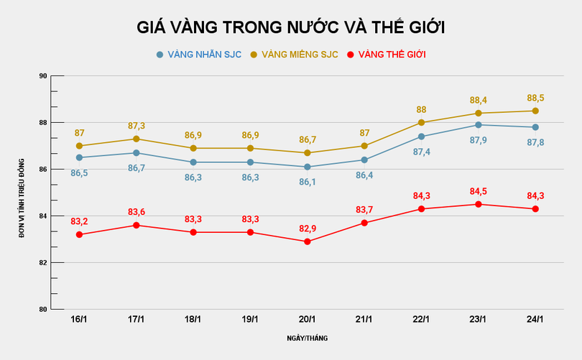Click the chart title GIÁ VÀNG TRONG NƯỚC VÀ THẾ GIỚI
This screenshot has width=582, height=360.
tap(291, 27)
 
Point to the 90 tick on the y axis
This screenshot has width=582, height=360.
tap(42, 76)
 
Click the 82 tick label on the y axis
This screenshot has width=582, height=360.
tap(42, 263)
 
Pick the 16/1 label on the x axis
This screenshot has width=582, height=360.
tap(79, 320)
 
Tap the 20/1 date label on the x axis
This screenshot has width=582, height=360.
tap(307, 320)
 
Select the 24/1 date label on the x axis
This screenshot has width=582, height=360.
tap(535, 320)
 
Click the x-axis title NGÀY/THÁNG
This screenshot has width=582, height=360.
tap(307, 338)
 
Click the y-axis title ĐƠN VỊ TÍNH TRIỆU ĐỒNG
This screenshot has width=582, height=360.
tap(22, 193)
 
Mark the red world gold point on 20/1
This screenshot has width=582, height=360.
tap(307, 241)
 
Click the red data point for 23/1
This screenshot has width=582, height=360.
tap(478, 204)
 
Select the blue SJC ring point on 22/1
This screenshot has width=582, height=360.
tap(421, 137)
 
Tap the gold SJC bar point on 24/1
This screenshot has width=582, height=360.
tap(535, 111)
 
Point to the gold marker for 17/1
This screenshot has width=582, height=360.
tap(136, 139)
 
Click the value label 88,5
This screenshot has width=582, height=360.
tap(535, 98)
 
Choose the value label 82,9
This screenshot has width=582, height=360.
tap(307, 229)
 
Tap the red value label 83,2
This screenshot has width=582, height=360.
tap(79, 221)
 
